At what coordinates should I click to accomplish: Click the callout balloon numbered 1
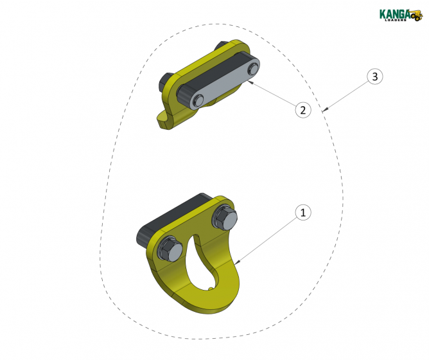point(304,212)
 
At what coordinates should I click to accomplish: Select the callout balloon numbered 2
point(303,110)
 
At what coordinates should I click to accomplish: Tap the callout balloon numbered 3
point(375,76)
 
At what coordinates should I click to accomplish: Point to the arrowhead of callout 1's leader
point(237,262)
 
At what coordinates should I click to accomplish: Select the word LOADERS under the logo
point(394,20)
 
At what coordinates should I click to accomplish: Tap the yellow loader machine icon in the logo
point(416,15)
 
